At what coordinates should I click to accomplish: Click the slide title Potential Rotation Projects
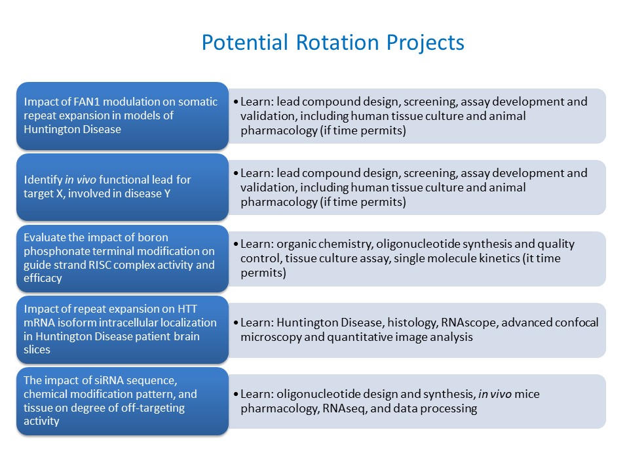click(333, 43)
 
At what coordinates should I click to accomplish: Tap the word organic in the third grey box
click(297, 244)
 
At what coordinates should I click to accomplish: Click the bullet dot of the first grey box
click(236, 102)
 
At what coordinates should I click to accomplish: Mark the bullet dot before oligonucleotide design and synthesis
click(236, 395)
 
